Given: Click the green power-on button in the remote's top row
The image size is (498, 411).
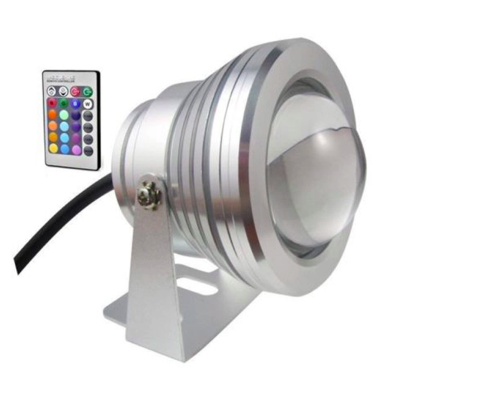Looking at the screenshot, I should pyautogui.click(x=88, y=92).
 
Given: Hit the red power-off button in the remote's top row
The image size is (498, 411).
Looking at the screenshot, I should pyautogui.click(x=75, y=92).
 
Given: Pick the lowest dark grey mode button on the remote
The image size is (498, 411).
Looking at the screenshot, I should pyautogui.click(x=88, y=150).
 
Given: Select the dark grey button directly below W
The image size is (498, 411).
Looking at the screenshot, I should pyautogui.click(x=88, y=115).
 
